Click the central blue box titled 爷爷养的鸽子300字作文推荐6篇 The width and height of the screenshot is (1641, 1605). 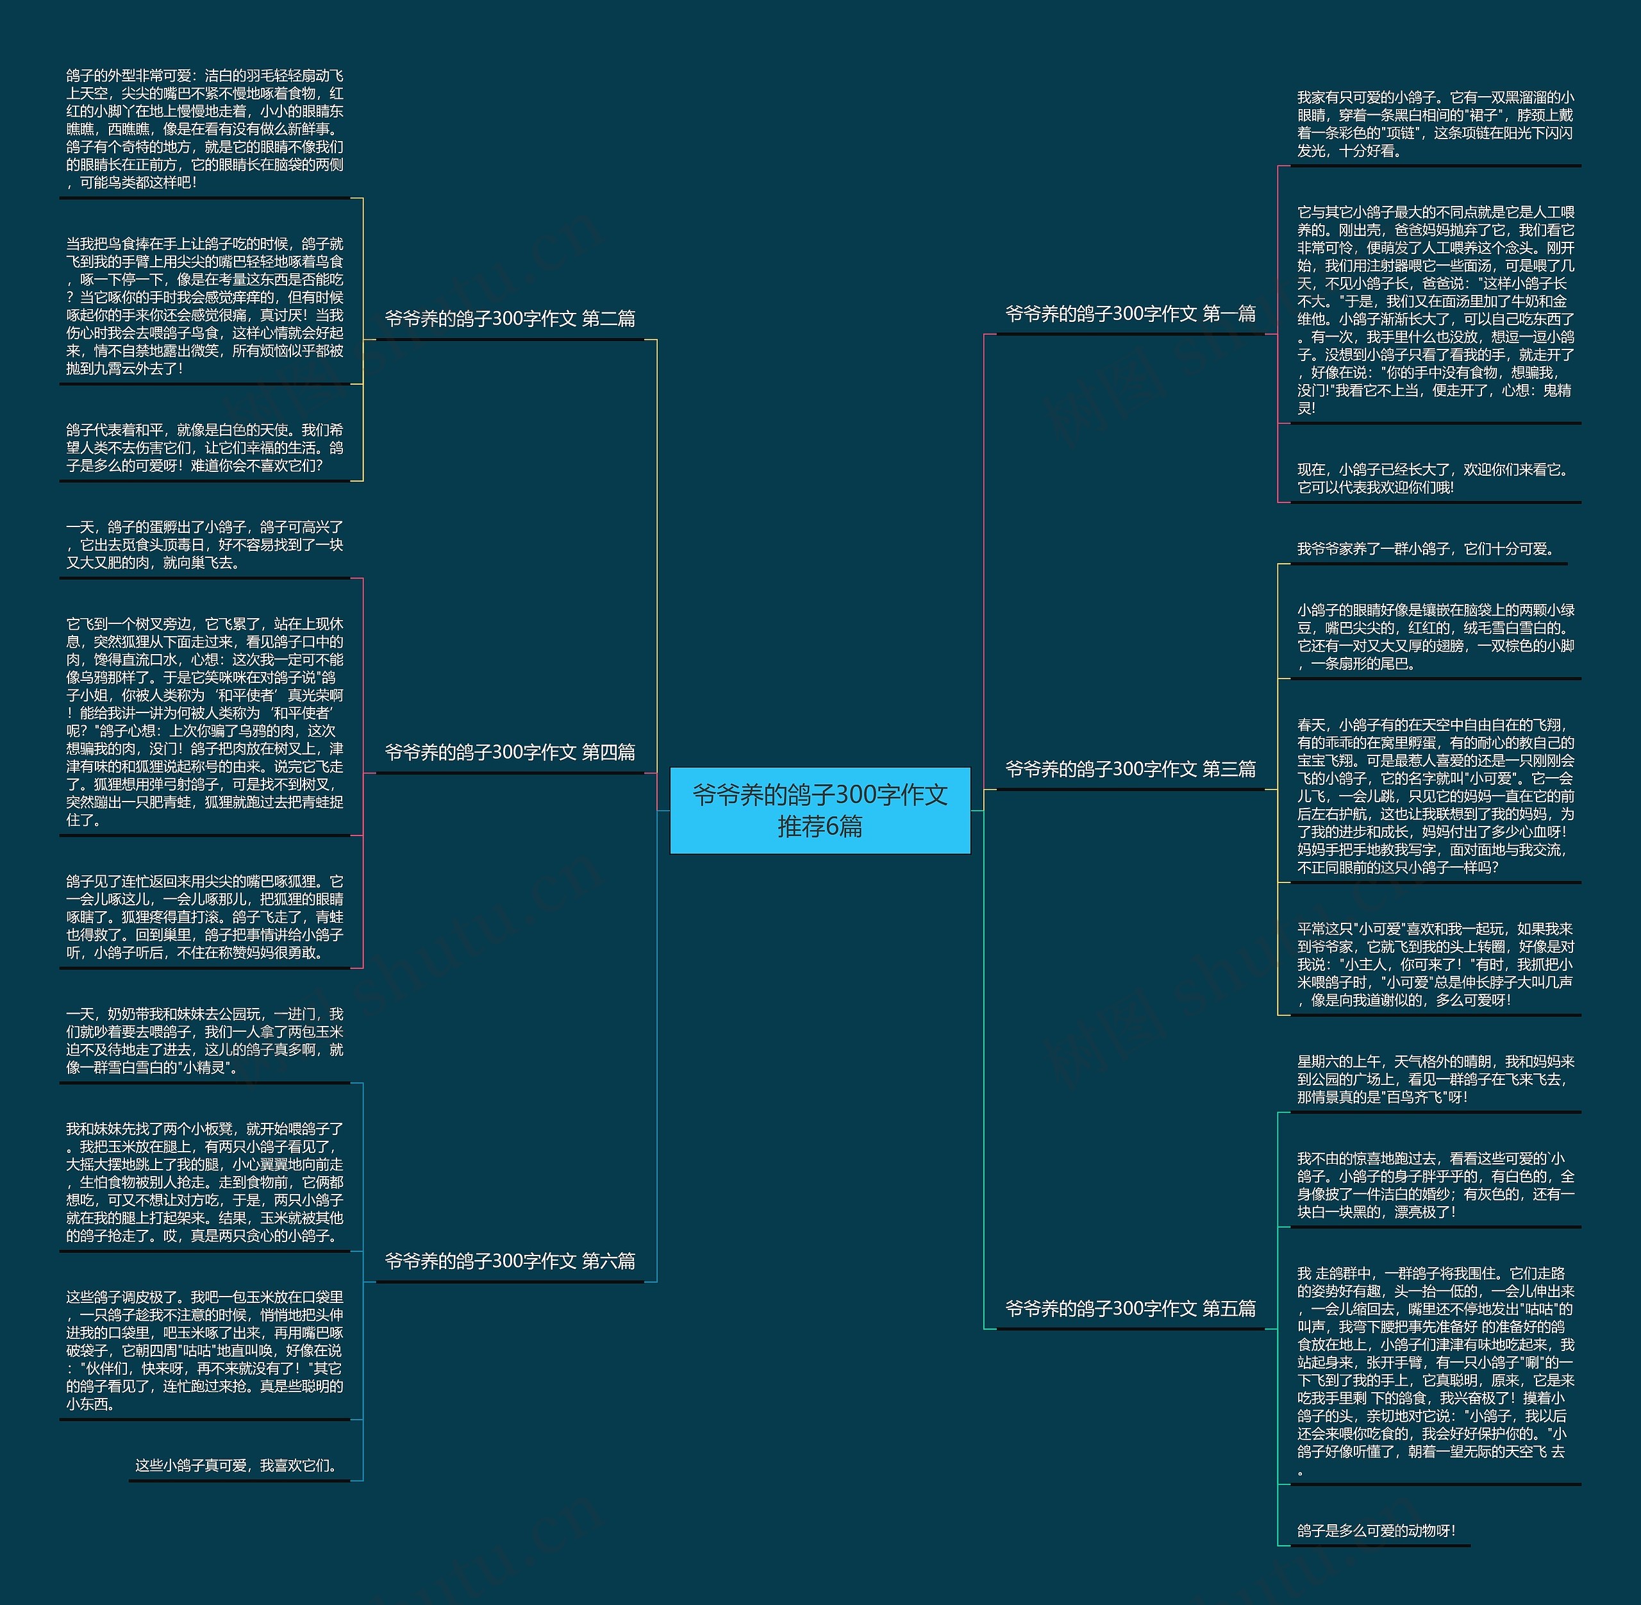point(819,810)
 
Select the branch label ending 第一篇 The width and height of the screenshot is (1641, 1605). point(1129,314)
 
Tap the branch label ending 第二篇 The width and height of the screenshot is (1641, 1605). point(510,319)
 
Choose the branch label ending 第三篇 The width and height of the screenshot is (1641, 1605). point(1129,769)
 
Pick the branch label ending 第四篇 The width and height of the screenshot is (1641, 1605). point(510,752)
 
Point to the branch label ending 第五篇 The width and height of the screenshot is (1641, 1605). point(1129,1308)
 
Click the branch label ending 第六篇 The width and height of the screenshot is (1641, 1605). point(510,1261)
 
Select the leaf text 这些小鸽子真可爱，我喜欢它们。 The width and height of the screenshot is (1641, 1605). point(238,1466)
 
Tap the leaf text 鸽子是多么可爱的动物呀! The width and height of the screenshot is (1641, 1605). point(1376,1531)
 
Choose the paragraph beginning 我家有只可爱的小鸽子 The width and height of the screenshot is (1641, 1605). point(1435,124)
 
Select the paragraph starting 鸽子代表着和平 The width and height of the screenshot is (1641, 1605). point(205,448)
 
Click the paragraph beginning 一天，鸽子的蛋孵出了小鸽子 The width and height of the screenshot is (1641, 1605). point(205,544)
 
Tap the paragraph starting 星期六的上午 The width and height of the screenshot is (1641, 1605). point(1435,1079)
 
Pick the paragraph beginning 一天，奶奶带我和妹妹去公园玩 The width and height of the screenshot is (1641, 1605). point(205,1040)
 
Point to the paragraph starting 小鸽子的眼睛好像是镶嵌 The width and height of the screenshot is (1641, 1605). point(1435,637)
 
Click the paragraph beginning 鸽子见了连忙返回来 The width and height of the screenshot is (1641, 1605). point(205,916)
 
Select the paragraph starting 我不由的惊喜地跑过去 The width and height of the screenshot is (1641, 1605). point(1435,1185)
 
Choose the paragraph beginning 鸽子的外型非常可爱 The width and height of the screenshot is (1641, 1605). point(205,129)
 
